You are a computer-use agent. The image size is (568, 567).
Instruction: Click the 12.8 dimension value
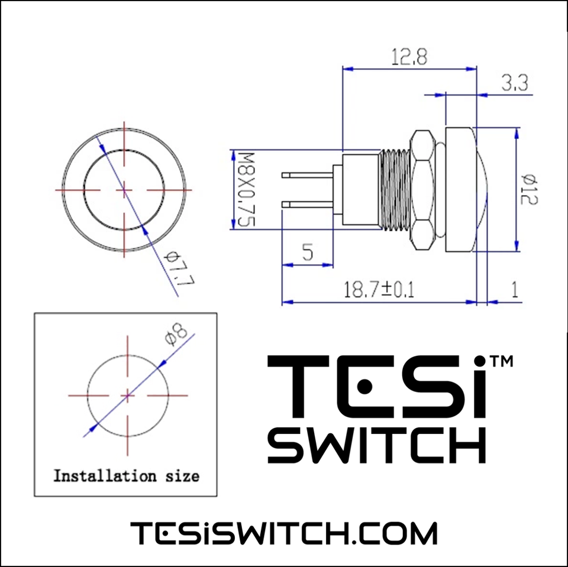click(x=409, y=57)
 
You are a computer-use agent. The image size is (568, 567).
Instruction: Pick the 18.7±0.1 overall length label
click(x=379, y=290)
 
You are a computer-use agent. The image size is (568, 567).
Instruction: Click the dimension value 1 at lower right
click(x=514, y=290)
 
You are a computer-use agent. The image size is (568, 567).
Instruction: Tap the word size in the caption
click(x=180, y=475)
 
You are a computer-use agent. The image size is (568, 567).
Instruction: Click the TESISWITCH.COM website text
click(x=283, y=533)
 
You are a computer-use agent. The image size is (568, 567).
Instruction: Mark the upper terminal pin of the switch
click(x=308, y=175)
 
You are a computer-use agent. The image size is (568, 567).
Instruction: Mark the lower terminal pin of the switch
click(x=308, y=204)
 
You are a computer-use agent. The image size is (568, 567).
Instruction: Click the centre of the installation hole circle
click(x=128, y=394)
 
